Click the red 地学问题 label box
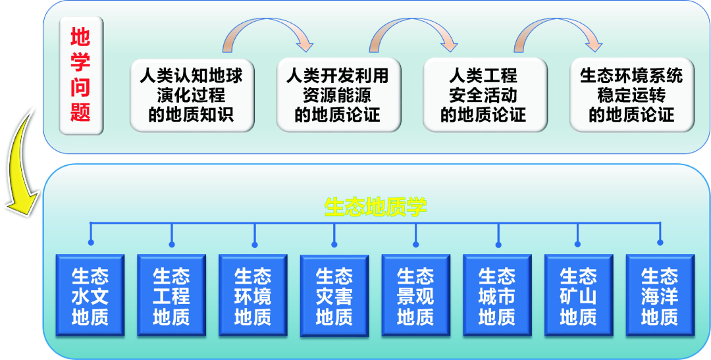[80, 75]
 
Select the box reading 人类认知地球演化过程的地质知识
[192, 94]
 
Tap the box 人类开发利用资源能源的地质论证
[337, 94]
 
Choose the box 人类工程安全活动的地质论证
[484, 94]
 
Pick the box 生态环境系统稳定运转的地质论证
[631, 94]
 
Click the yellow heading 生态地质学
[375, 207]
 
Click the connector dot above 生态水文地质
[90, 244]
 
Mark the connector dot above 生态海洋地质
[660, 244]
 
